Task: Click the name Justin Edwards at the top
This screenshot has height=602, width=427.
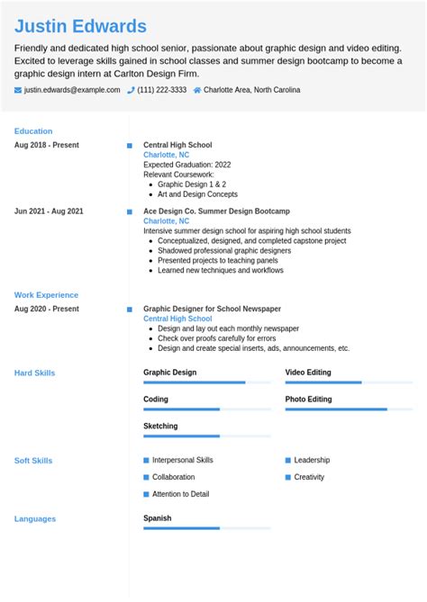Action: point(80,26)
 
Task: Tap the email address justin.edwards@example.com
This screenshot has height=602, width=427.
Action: point(72,90)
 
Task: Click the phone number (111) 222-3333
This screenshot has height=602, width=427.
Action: point(162,90)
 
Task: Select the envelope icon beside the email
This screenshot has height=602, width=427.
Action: point(18,90)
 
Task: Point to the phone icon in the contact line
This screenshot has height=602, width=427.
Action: point(132,90)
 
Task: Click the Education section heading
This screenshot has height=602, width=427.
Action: point(33,131)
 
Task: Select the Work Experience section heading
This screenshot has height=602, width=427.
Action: point(46,295)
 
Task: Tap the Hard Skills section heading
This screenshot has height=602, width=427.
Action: point(35,373)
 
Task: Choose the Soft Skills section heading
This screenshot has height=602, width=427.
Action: point(33,461)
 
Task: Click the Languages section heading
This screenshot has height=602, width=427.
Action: point(35,519)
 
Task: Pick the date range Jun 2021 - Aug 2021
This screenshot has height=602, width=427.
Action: point(49,211)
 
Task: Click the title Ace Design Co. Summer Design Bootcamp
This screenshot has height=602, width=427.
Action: point(216,211)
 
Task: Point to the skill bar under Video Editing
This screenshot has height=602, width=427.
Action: point(349,382)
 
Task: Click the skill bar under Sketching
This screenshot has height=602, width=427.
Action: point(206,436)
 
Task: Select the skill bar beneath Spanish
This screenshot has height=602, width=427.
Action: point(206,528)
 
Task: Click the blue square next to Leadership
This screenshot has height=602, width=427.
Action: point(288,460)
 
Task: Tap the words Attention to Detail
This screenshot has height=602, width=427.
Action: point(180,494)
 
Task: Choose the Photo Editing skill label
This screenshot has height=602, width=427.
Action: point(308,400)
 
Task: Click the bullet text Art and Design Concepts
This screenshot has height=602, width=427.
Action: point(197,194)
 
